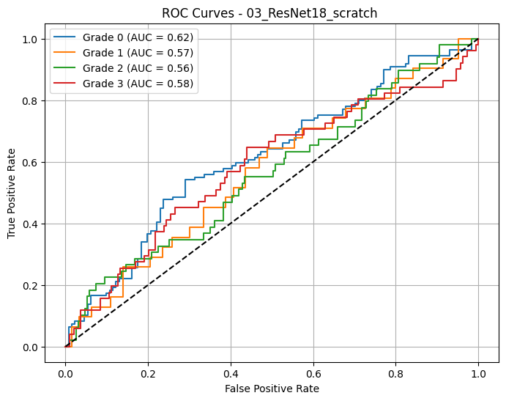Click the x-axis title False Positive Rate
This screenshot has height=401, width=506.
[272, 389]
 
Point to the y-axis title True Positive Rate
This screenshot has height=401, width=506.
[12, 193]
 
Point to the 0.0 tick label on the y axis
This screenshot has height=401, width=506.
[29, 347]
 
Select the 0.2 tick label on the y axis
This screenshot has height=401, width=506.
[29, 286]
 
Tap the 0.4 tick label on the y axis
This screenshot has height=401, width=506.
[29, 224]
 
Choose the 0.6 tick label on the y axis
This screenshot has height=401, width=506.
[29, 163]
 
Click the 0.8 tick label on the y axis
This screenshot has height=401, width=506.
[29, 101]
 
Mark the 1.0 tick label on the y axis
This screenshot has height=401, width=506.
[29, 40]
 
